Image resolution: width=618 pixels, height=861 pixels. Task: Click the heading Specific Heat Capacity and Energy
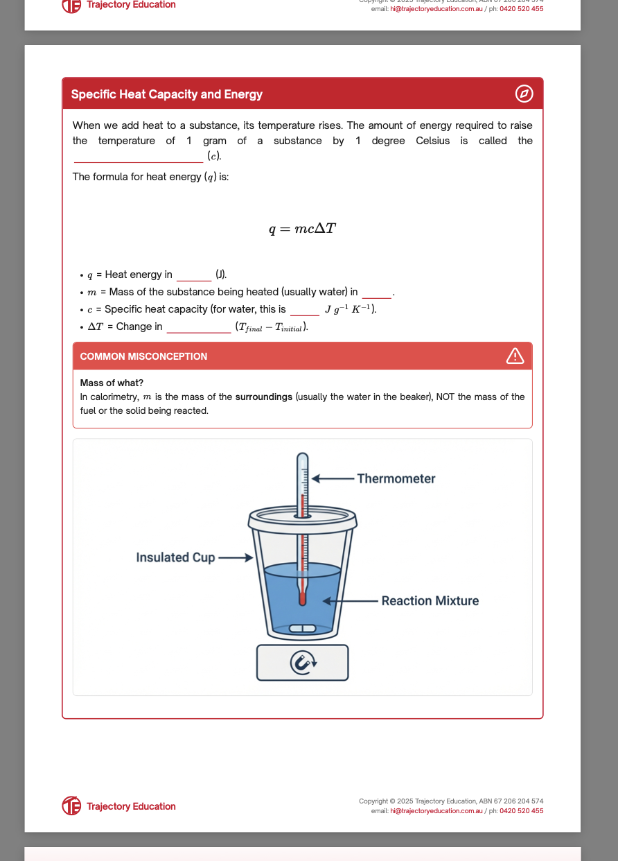coord(166,94)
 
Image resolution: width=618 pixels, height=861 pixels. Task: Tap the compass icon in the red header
coord(524,94)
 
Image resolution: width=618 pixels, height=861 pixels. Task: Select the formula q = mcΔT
coord(303,229)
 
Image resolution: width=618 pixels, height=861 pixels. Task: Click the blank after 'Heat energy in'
coord(193,276)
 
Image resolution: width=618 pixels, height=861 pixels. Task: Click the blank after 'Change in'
coord(198,328)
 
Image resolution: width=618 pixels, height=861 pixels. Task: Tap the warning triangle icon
coord(515,356)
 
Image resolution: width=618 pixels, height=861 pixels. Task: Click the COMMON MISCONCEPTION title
coord(143,356)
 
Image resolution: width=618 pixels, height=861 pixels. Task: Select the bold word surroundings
coord(263,397)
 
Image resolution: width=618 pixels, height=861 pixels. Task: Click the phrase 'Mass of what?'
coord(112,383)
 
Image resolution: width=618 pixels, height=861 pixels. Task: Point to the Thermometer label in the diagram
coord(396,478)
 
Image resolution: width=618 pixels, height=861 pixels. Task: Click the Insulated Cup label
coord(175,557)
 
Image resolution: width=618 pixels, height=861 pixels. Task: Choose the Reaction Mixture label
coord(430,601)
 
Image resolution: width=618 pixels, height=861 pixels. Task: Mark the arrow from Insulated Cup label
coord(236,557)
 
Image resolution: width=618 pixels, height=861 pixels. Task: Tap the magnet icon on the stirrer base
coord(302,663)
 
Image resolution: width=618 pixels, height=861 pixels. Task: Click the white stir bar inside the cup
coord(302,628)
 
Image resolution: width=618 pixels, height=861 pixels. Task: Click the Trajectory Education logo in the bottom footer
coord(71,806)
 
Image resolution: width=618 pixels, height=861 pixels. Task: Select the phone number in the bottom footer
coord(521,810)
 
